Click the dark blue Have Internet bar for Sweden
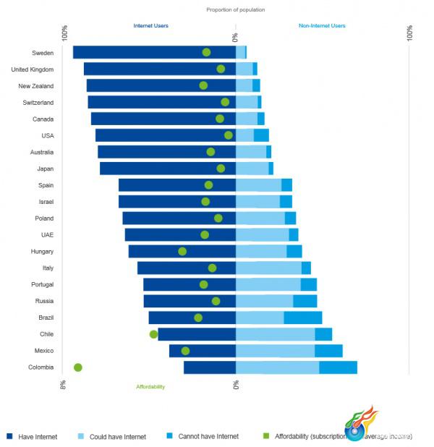coord(137,52)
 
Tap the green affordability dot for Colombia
coord(78,367)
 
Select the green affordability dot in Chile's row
coord(153,334)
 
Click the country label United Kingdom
coord(32,69)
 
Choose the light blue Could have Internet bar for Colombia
coord(277,367)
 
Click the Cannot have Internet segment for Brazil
coord(302,318)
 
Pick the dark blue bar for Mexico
coord(203,351)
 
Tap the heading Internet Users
coord(151,26)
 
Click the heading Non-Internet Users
coord(322,26)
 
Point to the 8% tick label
coord(64,385)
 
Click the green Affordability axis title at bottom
coord(150,387)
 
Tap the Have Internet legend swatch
coord(9,436)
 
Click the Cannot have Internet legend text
coord(208,437)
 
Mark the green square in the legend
coord(265,436)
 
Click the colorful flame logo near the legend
coord(360,425)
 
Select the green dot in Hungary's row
coord(182,252)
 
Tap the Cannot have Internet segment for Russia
coord(305,301)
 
